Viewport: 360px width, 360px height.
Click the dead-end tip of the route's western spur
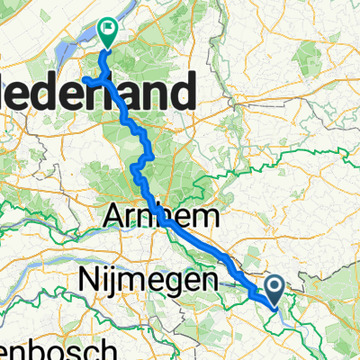pos(84,80)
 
